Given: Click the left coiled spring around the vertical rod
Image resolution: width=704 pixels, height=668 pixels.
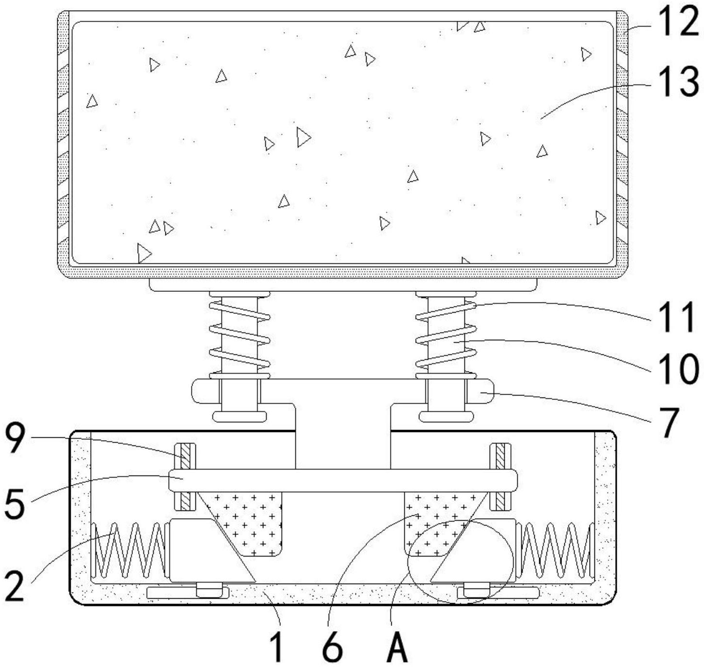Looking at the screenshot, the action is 239,334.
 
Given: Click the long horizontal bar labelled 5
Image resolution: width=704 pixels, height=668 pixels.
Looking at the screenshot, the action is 342,480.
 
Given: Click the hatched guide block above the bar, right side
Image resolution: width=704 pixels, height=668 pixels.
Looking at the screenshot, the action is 500,456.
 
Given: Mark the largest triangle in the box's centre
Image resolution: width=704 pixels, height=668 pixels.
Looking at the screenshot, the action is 303,137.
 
